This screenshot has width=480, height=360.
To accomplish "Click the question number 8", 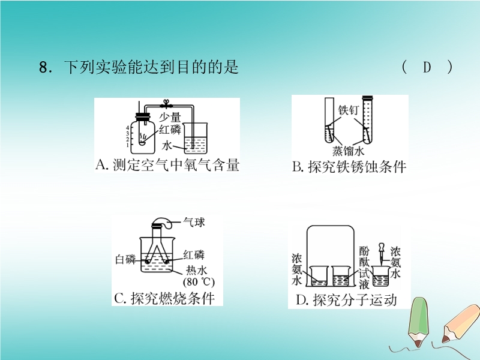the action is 43,67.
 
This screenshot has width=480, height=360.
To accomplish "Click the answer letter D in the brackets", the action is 427,67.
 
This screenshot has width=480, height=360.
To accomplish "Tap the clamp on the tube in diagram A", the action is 166,104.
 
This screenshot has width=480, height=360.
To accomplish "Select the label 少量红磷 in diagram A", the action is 170,124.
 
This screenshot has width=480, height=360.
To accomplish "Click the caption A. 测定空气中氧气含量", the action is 167,165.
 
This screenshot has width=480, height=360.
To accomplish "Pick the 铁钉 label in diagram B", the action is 348,110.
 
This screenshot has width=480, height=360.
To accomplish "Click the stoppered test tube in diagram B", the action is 367,119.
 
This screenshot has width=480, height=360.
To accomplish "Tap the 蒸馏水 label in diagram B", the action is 349,151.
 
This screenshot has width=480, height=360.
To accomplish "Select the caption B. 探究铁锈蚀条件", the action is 349,167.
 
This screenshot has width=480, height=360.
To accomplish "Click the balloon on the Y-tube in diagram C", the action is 162,223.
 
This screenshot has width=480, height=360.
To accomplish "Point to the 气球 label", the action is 194,222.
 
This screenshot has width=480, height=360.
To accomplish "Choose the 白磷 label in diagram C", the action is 125,260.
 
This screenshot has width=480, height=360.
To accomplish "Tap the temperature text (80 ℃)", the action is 199,281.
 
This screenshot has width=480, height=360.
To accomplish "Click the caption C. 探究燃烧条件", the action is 164,298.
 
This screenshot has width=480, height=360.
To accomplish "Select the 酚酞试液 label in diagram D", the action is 364,268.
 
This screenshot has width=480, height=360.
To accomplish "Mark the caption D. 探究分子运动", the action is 346,301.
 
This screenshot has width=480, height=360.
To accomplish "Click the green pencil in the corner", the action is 418,322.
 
